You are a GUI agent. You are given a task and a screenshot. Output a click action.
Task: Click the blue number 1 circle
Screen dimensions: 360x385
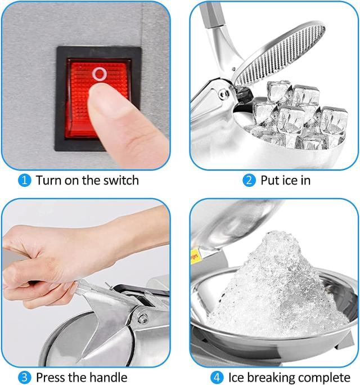click(x=25, y=181)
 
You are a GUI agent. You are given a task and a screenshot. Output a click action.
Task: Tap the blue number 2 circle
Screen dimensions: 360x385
click(x=249, y=181)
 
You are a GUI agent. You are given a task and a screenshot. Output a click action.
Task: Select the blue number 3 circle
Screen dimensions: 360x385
click(x=25, y=377)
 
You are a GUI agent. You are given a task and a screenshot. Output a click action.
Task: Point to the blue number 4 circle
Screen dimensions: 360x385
click(x=217, y=377)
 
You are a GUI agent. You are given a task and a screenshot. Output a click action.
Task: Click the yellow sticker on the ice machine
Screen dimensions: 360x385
click(x=195, y=256)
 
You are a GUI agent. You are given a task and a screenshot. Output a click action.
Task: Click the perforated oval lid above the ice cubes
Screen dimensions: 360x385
click(x=280, y=54)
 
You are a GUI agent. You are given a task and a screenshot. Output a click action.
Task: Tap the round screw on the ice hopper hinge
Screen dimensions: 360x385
click(x=223, y=94)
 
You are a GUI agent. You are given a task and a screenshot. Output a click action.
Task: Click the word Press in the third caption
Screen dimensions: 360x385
click(x=51, y=377)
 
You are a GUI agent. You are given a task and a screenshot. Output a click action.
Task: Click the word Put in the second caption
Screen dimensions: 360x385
click(x=269, y=180)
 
